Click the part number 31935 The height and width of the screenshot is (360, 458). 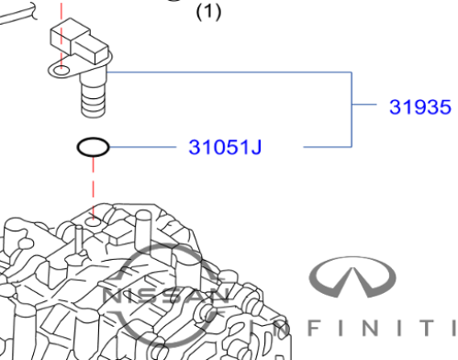click(420, 107)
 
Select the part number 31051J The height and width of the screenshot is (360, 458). click(225, 147)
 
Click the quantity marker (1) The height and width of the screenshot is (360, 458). click(208, 13)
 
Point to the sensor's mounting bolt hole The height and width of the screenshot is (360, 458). click(61, 71)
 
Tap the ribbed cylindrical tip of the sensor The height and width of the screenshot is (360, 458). click(94, 99)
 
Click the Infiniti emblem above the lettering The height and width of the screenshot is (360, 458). click(352, 277)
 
